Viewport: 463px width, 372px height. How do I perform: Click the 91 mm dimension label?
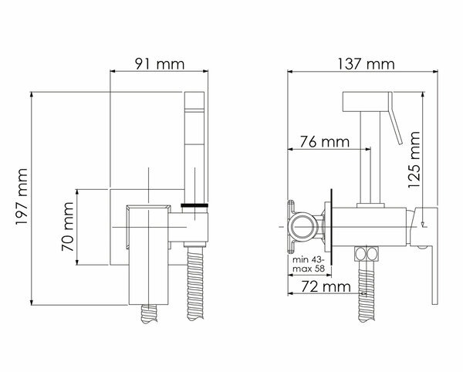160,64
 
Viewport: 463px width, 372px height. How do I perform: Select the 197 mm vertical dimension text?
22,197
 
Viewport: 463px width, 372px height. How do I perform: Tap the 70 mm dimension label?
68,226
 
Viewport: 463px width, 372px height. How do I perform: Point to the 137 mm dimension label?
366,64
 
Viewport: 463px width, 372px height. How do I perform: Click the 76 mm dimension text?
325,142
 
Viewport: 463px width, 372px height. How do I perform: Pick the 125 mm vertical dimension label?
414,160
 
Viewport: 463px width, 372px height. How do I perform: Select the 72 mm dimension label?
326,286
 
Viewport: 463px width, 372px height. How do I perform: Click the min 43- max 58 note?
309,264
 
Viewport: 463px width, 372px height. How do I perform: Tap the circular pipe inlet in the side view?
301,227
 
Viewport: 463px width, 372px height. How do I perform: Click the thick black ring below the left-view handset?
194,205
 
